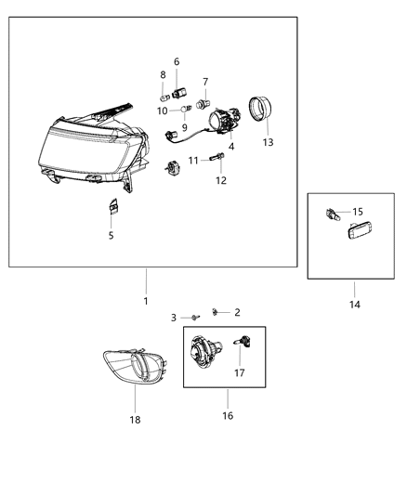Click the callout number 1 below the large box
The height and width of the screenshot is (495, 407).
click(145, 301)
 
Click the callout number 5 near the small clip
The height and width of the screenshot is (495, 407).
click(111, 235)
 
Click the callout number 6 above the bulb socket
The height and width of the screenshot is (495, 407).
click(177, 61)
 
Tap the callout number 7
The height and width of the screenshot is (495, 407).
click(204, 82)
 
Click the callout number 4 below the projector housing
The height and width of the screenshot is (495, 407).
click(231, 146)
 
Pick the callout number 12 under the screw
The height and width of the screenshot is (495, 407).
click(221, 180)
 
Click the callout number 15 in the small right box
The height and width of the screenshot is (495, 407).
click(357, 211)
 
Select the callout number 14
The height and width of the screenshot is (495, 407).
click(355, 303)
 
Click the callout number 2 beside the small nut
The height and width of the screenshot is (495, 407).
click(236, 312)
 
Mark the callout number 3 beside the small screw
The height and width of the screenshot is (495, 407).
click(173, 318)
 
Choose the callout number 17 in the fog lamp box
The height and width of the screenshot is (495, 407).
click(240, 373)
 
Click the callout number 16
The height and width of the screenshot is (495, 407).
click(228, 415)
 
